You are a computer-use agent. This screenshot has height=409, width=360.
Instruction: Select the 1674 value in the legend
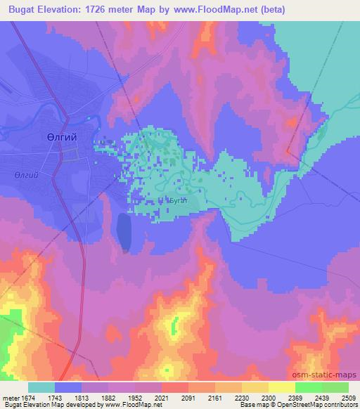29,398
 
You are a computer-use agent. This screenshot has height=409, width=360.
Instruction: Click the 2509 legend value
349,398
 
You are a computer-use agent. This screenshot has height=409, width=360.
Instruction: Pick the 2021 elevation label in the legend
162,398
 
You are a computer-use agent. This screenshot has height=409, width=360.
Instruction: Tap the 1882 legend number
108,398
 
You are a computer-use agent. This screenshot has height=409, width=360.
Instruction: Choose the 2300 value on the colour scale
269,398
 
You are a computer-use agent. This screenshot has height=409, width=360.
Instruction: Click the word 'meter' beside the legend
11,398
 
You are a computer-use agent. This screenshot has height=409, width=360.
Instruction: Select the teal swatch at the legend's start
41,387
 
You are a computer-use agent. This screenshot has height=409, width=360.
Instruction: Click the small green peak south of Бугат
174,325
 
